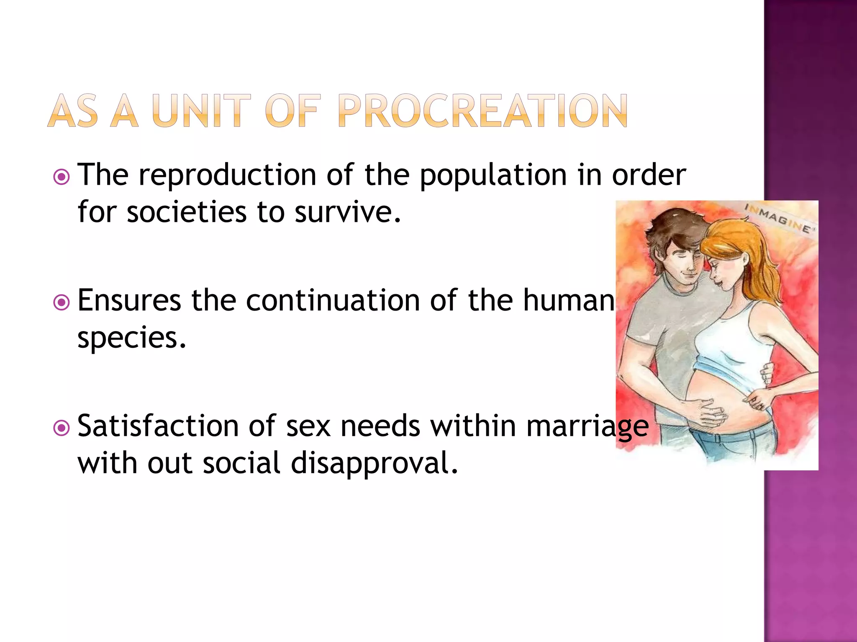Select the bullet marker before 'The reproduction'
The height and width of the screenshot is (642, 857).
[x=62, y=177]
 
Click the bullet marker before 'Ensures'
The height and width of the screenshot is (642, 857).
[x=62, y=303]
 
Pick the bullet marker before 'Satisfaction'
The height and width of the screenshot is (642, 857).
[x=62, y=428]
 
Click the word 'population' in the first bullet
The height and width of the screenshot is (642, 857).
[x=493, y=176]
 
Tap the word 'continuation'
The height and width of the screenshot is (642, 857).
[x=333, y=301]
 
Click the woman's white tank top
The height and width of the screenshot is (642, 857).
[x=736, y=334]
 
